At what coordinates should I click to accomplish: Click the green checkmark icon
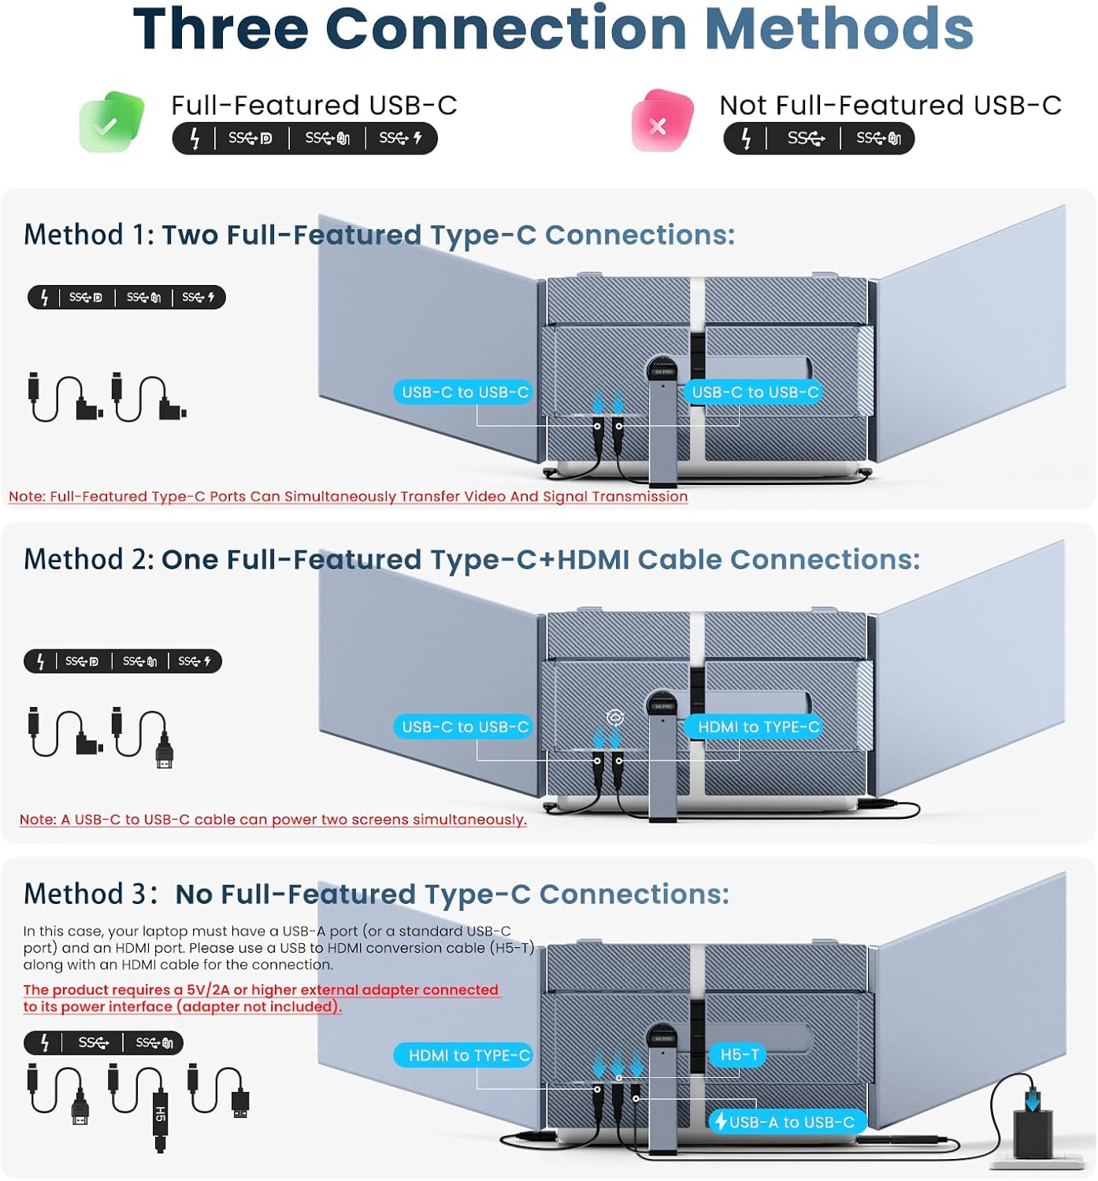[x=111, y=122]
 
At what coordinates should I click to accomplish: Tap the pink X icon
[x=662, y=122]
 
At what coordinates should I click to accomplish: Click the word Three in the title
[x=220, y=29]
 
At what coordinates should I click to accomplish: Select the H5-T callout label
[x=739, y=1054]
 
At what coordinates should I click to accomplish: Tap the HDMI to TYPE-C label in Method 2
[x=756, y=727]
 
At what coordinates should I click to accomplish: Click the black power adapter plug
[x=1032, y=1131]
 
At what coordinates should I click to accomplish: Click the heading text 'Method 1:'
[x=88, y=235]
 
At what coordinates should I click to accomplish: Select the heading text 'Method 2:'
[x=88, y=560]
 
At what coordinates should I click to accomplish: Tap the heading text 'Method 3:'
[x=90, y=894]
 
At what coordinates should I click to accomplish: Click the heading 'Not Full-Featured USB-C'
[x=890, y=106]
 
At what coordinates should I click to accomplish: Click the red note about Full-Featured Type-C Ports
[x=347, y=497]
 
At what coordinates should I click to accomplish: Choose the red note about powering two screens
[x=273, y=820]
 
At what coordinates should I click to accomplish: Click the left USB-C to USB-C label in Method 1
[x=465, y=392]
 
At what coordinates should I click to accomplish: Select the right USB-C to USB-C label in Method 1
[x=755, y=392]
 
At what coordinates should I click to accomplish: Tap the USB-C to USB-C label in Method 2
[x=465, y=727]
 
